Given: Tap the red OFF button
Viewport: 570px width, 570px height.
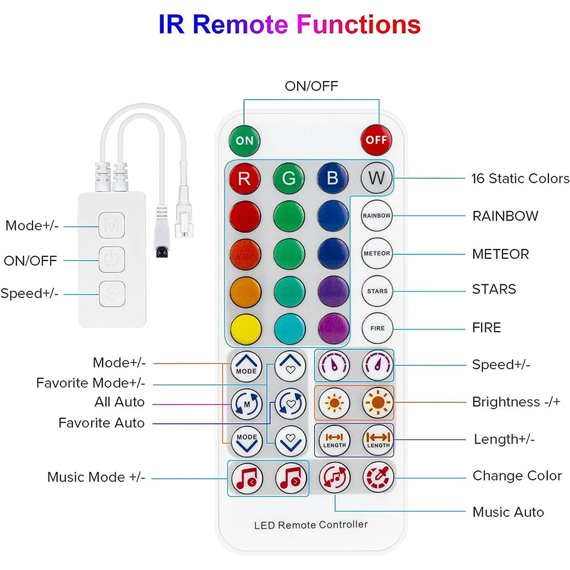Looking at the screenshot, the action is (376, 140).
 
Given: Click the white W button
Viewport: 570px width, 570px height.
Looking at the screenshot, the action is (377, 178).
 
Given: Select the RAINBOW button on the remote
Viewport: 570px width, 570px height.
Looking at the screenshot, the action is (377, 215).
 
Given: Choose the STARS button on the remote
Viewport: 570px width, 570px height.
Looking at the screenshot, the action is (377, 291).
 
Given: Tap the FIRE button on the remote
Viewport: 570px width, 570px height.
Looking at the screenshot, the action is (378, 328).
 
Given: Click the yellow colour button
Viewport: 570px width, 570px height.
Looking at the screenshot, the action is (246, 329).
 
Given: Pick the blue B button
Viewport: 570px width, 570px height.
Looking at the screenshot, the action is (333, 178).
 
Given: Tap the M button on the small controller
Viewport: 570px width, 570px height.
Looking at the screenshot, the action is (112, 225).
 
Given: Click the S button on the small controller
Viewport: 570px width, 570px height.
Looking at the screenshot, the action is (112, 294).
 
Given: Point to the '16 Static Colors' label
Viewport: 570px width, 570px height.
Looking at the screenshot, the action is (520, 178).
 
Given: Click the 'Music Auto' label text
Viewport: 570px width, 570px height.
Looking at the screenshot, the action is (508, 512).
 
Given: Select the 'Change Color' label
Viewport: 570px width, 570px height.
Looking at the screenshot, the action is (517, 475).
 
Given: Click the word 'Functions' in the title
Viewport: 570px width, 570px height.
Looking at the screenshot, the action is (359, 25).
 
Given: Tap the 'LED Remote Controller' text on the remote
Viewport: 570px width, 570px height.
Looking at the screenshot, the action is (311, 524).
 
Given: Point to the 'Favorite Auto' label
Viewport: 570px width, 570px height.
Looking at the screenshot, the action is (101, 423).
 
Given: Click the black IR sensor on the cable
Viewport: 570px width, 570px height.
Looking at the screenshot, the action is (162, 251).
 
